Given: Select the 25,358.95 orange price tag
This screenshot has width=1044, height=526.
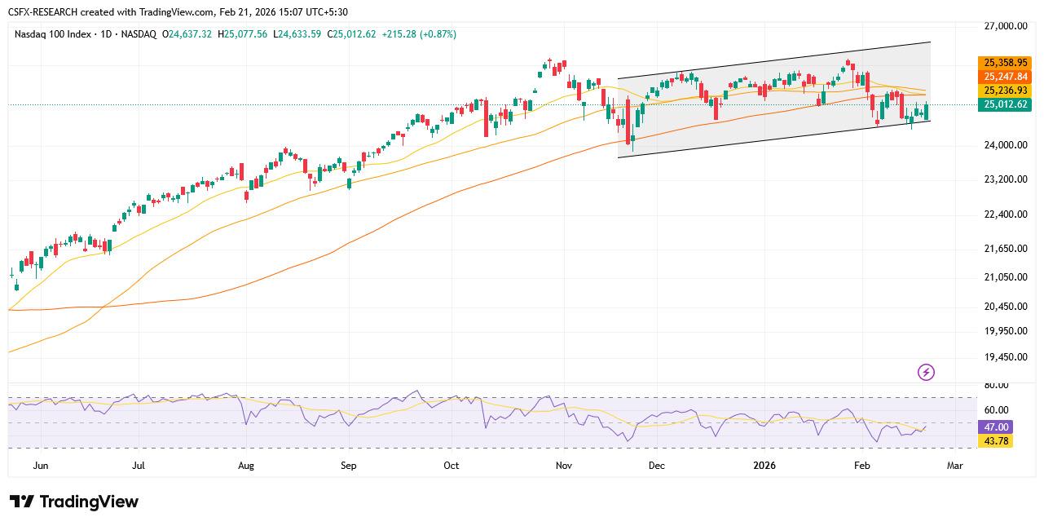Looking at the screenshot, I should tap(1005, 63).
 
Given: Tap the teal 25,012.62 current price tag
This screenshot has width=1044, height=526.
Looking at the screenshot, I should tap(1005, 104).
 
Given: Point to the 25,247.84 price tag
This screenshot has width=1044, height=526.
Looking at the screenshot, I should tap(1005, 77).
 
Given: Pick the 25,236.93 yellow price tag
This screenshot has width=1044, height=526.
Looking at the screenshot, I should tap(1005, 91).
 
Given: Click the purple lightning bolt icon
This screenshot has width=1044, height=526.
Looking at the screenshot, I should tap(926, 373).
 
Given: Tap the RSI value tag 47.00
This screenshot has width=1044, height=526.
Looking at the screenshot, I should tap(996, 427).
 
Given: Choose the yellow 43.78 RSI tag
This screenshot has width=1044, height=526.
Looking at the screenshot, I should tap(996, 441).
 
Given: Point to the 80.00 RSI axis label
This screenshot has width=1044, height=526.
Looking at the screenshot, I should tap(996, 385).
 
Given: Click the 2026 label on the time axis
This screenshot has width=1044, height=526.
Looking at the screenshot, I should tap(764, 466).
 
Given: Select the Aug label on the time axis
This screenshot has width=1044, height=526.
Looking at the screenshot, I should tap(246, 466).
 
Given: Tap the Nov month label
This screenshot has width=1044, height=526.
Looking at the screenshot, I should tap(563, 466).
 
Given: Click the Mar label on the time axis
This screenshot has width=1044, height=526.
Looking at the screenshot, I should tap(954, 466).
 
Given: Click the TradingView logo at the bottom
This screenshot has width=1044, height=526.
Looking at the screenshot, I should tap(74, 502).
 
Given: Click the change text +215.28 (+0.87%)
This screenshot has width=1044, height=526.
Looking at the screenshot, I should tap(418, 34).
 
